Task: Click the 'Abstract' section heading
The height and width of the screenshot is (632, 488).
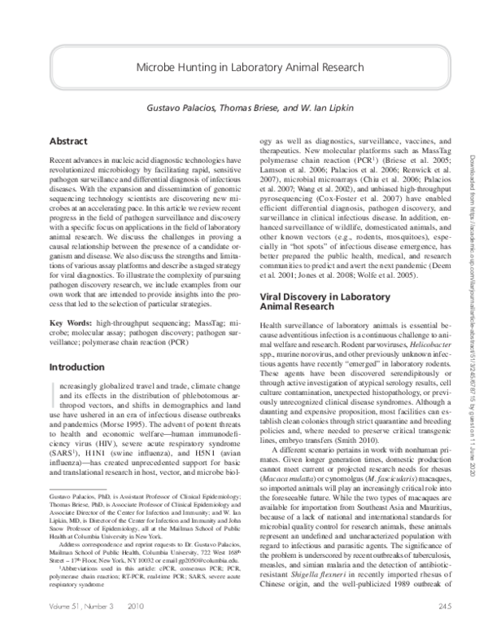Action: [x=68, y=141]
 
